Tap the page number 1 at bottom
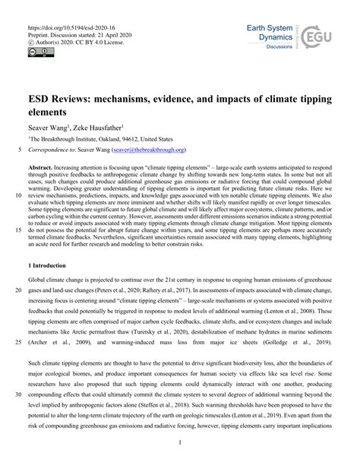click(181, 443)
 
